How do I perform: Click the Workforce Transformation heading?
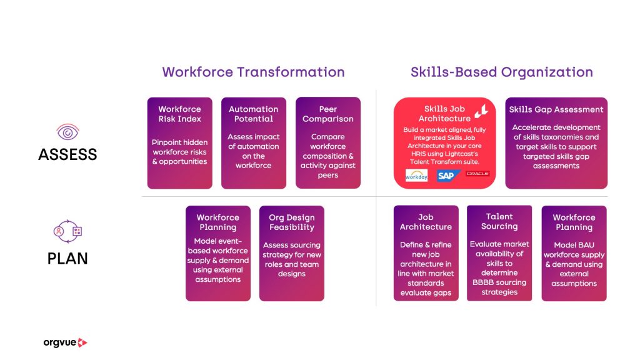point(253,72)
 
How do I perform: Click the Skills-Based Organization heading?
point(502,72)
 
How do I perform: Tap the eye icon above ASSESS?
point(67,132)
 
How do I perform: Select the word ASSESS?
point(67,155)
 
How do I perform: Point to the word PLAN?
point(67,258)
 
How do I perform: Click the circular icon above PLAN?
point(67,231)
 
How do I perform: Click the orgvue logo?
point(65,342)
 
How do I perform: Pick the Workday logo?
point(416,176)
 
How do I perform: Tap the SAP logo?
point(447,176)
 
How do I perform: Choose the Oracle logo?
point(477,174)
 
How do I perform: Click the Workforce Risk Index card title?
point(179,114)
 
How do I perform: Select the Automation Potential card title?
point(254,114)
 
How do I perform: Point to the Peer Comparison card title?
point(327,114)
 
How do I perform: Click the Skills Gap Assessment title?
point(556,109)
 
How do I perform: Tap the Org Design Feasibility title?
point(292,222)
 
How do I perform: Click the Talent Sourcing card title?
point(499,221)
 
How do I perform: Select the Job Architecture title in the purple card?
point(426,222)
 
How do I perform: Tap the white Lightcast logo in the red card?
point(482,110)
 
